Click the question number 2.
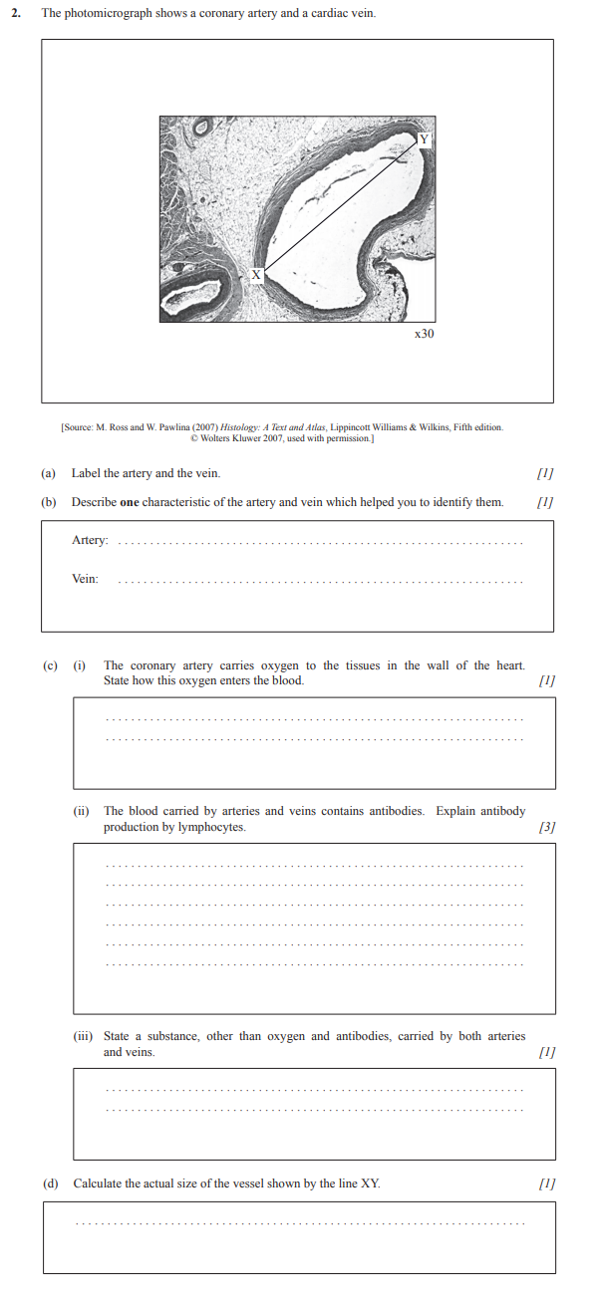(16, 13)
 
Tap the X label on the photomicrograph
(256, 275)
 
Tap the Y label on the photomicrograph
(424, 138)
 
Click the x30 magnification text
(424, 334)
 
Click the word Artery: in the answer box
(90, 540)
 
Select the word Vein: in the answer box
(85, 579)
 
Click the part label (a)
(48, 473)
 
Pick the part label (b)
(48, 502)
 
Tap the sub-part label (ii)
(82, 811)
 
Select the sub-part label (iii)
(83, 1036)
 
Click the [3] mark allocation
(546, 827)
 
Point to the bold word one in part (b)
(129, 502)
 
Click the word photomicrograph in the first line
(115, 13)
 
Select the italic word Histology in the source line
(245, 427)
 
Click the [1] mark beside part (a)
(545, 473)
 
